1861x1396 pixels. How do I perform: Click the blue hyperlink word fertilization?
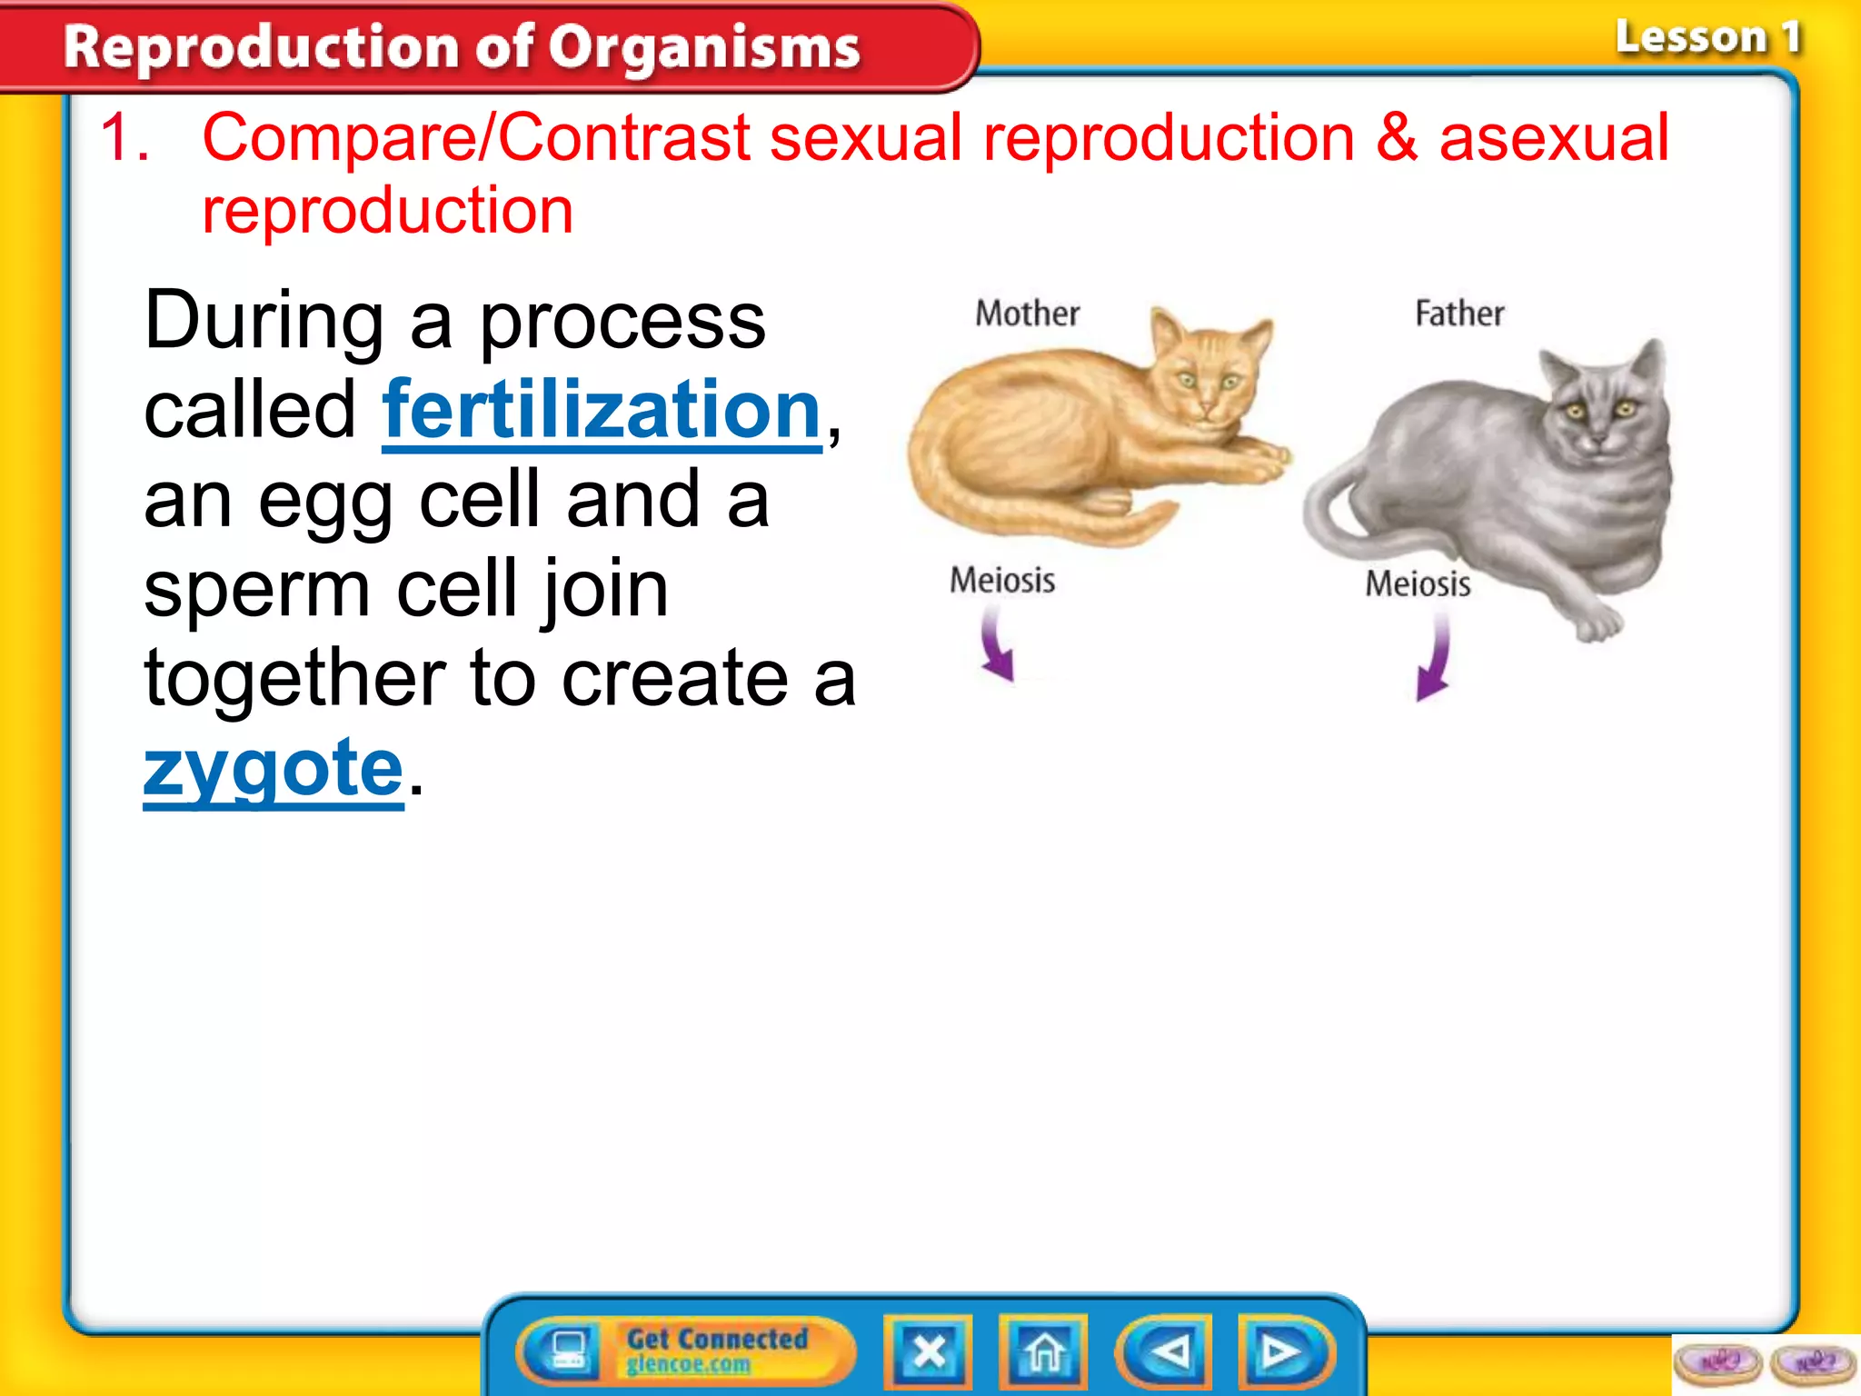pos(602,411)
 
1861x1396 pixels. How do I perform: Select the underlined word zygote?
pos(274,768)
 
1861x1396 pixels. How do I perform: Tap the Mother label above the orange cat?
pos(1027,314)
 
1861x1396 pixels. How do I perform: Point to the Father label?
pos(1459,314)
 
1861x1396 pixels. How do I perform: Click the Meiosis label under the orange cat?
pos(1002,580)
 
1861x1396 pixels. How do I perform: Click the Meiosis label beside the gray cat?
pos(1418,583)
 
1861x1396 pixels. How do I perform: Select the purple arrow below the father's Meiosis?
pos(1434,659)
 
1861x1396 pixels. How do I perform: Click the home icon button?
pos(1043,1352)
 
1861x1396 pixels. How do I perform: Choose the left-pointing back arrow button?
pos(1166,1352)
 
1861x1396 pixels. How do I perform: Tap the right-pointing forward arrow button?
pos(1282,1352)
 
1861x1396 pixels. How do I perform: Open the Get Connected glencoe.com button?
pos(686,1351)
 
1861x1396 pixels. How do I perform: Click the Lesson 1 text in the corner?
pos(1707,38)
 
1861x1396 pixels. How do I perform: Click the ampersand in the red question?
pos(1396,138)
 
